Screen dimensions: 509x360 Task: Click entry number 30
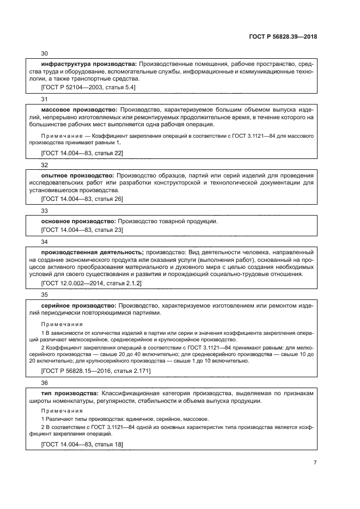click(45, 53)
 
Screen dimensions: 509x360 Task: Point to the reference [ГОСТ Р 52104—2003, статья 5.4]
click(88, 87)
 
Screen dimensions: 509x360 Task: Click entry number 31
click(45, 99)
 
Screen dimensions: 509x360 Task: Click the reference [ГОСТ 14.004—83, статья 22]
click(82, 153)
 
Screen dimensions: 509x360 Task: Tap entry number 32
click(45, 164)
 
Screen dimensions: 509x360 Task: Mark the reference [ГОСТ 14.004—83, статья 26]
click(82, 199)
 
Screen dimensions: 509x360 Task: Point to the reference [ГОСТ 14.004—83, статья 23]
click(82, 230)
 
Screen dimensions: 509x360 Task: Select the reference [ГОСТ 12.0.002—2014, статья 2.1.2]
click(91, 283)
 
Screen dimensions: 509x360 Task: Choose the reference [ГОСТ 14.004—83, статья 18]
click(82, 445)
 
